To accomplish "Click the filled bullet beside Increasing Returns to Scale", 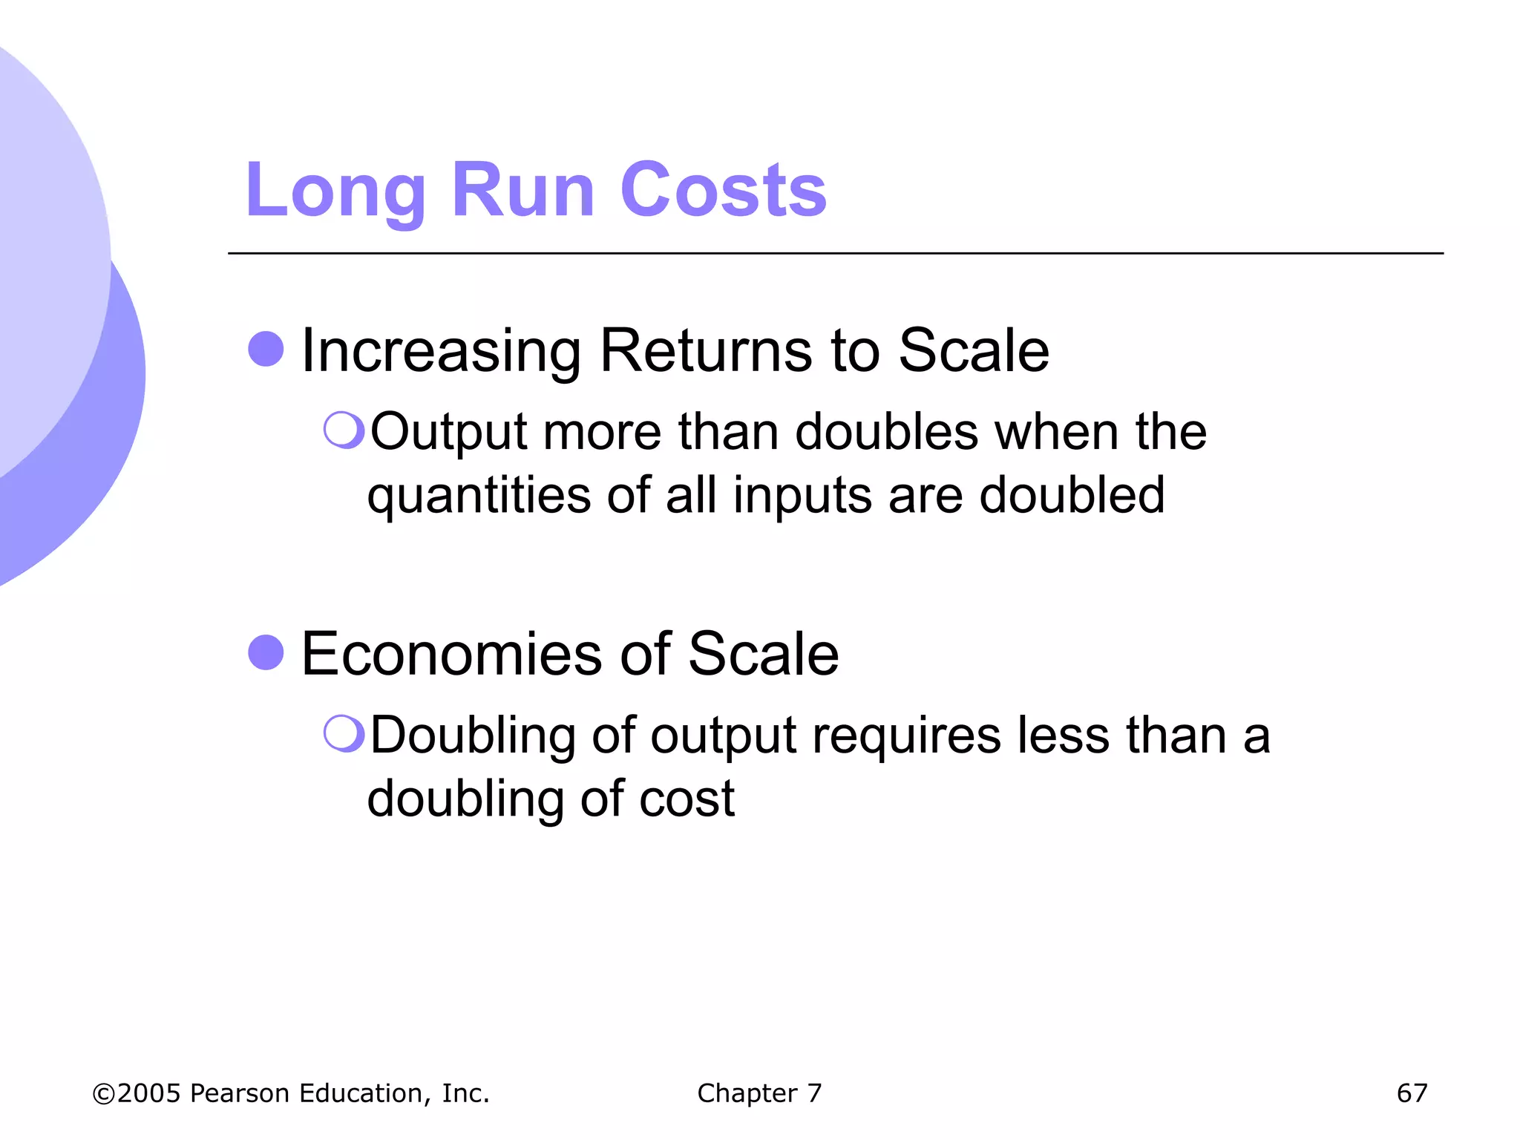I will [266, 349].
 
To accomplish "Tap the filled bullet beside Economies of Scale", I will [266, 652].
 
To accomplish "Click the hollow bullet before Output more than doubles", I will [344, 430].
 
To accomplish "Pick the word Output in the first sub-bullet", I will [449, 432].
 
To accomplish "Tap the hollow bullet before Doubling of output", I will [344, 733].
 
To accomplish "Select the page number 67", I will [1412, 1092].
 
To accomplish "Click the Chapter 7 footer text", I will [759, 1092].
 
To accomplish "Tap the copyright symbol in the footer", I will [103, 1093].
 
